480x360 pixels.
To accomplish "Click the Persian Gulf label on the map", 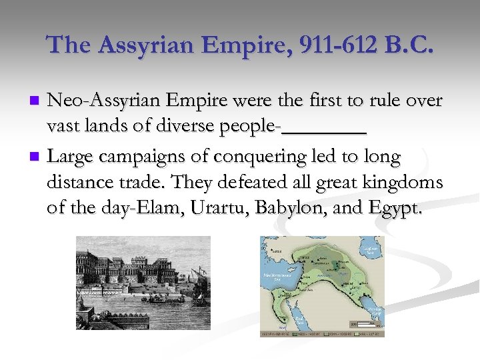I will [375, 311].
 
